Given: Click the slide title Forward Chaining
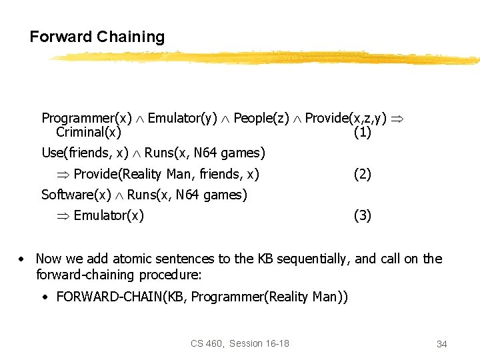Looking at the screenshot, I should tap(97, 37).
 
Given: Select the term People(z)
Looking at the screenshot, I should tap(261, 118).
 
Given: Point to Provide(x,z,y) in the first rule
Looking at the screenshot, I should tap(345, 118).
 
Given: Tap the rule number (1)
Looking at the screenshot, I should tap(362, 133).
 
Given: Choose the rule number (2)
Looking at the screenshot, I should tap(362, 175).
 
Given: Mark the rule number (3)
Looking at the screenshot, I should tap(362, 215).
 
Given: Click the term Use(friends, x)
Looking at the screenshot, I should tap(85, 153).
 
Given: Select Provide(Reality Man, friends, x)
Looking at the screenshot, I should tap(166, 175).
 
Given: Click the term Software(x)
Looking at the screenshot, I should tap(75, 195).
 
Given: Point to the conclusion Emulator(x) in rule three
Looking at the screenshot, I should tap(109, 215).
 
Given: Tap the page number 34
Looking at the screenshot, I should tap(441, 344).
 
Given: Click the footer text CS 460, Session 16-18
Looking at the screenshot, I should tap(240, 343).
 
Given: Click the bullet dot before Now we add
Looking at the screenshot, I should tap(22, 259).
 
